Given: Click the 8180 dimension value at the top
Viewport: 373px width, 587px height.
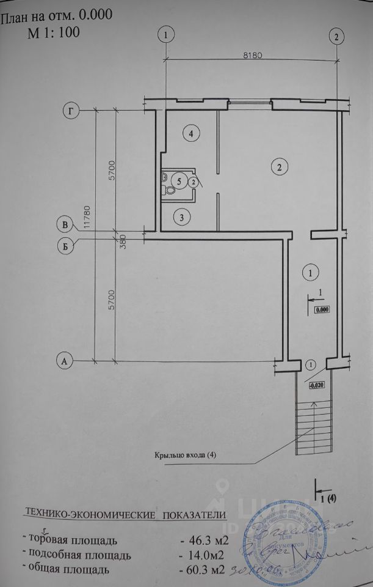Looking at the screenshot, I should (252, 54).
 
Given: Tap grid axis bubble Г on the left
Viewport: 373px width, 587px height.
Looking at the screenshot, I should (72, 111).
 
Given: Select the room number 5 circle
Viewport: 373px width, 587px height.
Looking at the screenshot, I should (179, 180).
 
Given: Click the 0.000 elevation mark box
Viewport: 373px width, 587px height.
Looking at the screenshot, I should (322, 309).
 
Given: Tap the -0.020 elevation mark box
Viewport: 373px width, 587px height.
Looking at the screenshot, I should (316, 385).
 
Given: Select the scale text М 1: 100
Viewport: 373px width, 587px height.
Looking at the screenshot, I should (53, 32).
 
